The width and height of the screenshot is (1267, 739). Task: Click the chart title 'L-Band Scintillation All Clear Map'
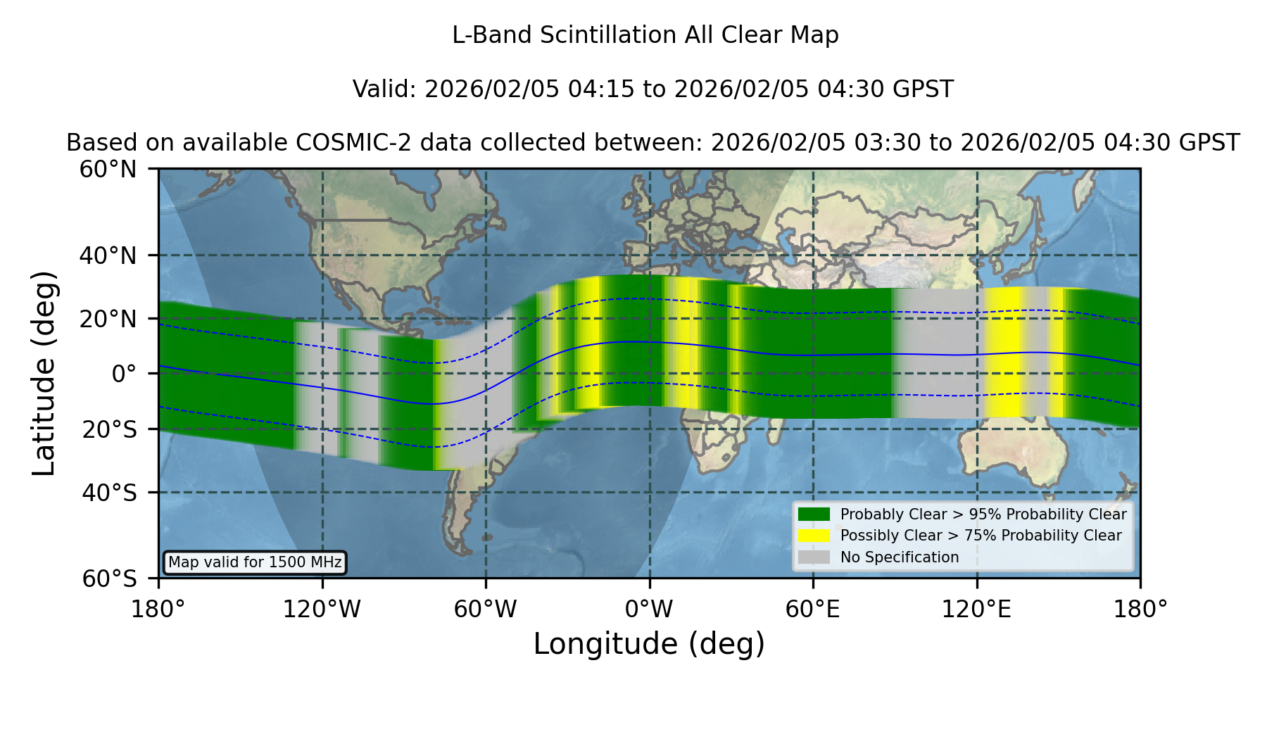click(x=645, y=35)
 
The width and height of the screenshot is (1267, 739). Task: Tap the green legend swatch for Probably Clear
click(x=814, y=514)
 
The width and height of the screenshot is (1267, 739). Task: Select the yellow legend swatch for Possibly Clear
click(x=814, y=536)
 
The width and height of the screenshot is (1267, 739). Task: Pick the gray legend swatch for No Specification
click(x=814, y=557)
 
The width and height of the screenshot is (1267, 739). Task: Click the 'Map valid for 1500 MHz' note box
click(x=255, y=562)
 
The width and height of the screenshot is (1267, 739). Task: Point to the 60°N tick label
click(x=108, y=170)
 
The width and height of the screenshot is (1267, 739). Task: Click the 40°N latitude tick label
click(x=108, y=255)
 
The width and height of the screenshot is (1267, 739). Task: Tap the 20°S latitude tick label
click(x=110, y=429)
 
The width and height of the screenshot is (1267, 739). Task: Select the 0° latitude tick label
click(x=124, y=374)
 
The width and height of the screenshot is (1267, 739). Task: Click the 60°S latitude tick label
click(x=110, y=579)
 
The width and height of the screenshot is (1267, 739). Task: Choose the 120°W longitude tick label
click(x=322, y=609)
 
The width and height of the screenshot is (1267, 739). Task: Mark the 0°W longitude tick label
click(x=649, y=609)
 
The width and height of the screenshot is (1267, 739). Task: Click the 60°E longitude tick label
click(x=813, y=609)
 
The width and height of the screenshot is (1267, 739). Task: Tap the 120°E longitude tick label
click(x=977, y=609)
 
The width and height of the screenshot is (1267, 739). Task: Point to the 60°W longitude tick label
click(x=486, y=609)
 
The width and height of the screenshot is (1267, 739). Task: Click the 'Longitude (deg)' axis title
click(x=649, y=645)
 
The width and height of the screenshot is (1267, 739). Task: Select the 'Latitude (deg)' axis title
click(x=44, y=373)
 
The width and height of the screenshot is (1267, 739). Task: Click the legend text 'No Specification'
click(x=900, y=557)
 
